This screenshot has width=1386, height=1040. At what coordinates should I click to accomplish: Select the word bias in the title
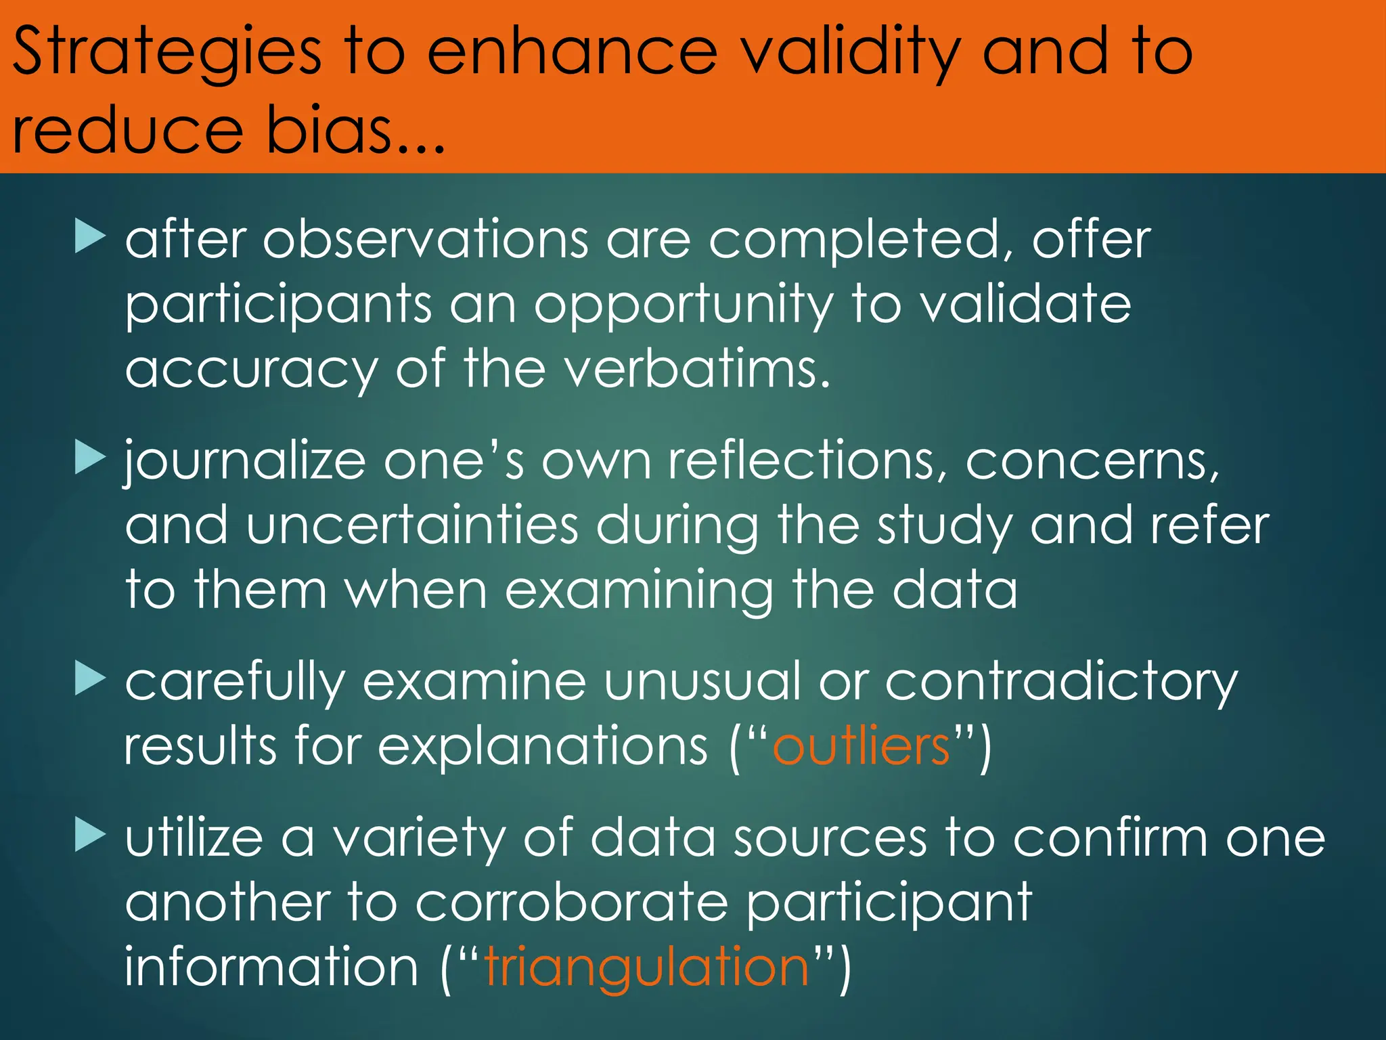(329, 129)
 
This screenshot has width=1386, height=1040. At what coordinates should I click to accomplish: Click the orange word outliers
(862, 746)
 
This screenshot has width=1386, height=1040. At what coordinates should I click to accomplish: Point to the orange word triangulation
(646, 966)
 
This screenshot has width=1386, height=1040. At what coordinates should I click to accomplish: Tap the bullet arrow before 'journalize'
(90, 457)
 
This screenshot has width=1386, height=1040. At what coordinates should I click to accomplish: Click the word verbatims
(697, 369)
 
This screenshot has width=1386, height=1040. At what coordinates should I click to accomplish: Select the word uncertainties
(412, 525)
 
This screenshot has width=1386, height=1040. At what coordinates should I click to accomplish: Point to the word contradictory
(1061, 682)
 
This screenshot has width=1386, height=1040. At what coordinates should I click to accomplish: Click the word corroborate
(572, 903)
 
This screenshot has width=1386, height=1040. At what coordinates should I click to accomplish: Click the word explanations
(542, 746)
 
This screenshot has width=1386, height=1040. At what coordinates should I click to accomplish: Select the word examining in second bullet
(639, 590)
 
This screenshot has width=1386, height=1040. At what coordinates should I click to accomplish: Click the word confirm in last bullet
(1110, 838)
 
